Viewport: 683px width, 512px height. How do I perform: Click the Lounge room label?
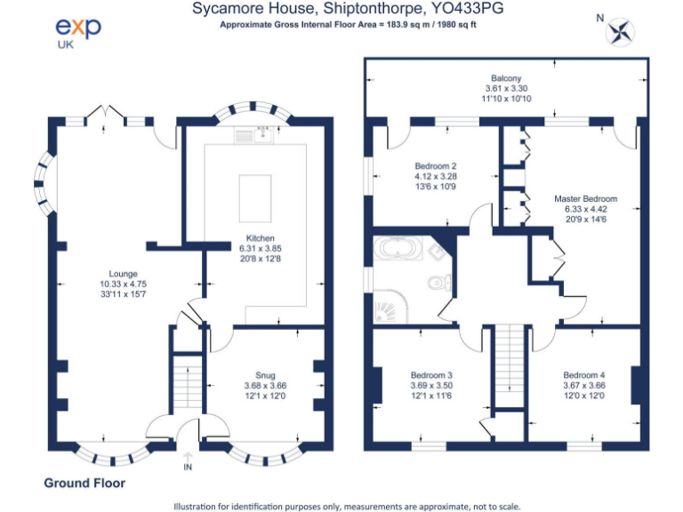[123, 274]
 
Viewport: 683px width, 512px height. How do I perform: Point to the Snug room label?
[265, 376]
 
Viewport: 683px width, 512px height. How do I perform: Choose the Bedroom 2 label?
[436, 166]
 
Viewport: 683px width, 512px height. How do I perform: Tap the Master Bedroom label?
[585, 199]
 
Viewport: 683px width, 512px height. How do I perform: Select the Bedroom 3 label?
[431, 375]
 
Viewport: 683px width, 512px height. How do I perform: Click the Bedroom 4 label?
[583, 375]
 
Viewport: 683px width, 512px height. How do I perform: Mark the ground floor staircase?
[187, 382]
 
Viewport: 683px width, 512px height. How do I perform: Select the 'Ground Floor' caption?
[84, 484]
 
